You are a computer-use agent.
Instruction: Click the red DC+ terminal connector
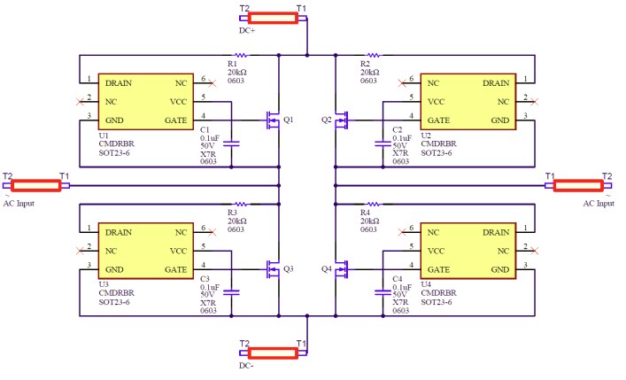[272, 18]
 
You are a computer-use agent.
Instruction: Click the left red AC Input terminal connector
[36, 186]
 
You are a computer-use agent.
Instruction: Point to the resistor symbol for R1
[240, 55]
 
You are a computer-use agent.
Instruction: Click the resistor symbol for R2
[373, 55]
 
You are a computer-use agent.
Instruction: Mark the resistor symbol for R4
[373, 204]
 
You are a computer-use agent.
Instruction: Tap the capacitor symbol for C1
[232, 143]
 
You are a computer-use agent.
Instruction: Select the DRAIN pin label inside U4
[496, 231]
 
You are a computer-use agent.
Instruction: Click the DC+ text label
[247, 31]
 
